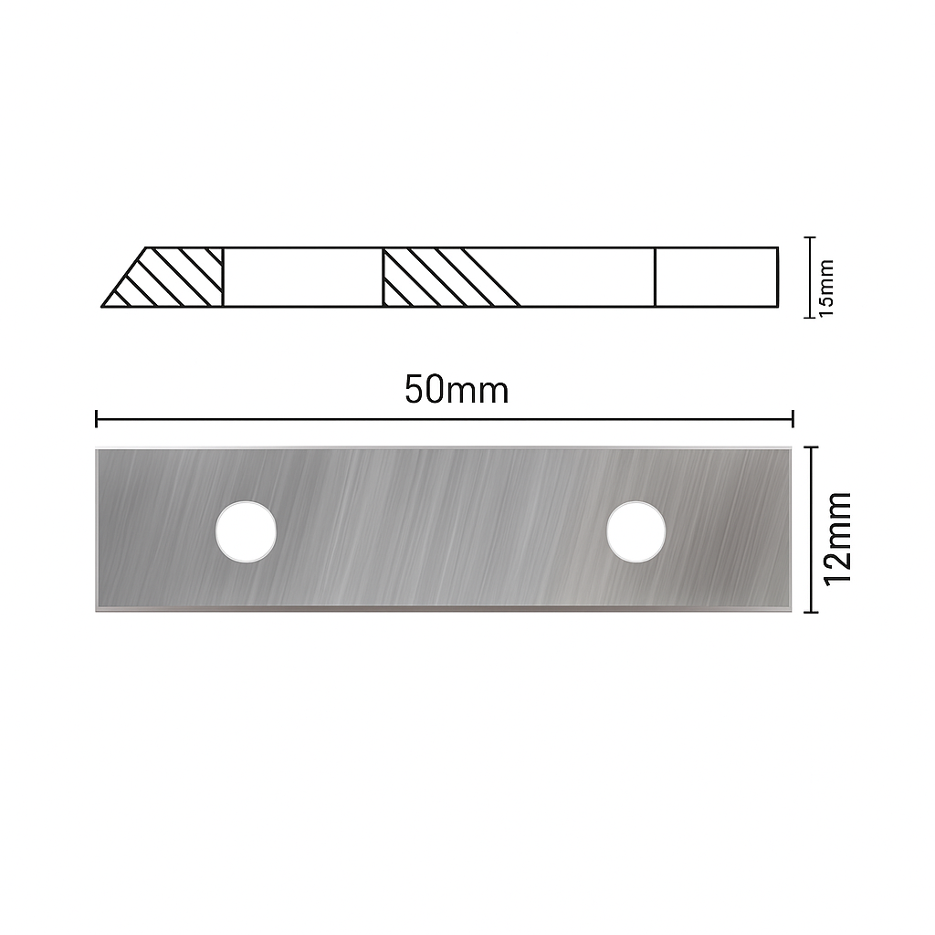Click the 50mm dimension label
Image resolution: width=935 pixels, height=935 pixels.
point(457,390)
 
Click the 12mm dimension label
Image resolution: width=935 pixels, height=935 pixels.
point(837,539)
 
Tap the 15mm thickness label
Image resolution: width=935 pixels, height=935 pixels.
point(826,288)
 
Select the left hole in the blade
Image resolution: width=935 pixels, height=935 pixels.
point(246,531)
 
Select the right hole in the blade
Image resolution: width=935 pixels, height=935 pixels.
point(636,531)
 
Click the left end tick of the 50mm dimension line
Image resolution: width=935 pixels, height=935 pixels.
point(97,418)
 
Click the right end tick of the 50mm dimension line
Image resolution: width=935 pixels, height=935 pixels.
point(793,418)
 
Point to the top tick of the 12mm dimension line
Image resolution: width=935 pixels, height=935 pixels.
point(811,446)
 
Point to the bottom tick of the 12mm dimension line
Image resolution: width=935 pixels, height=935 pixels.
point(811,612)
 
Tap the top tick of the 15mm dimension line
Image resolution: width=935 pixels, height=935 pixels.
point(809,237)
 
